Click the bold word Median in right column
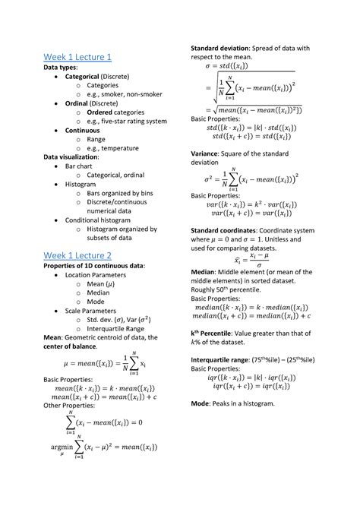coord(206,270)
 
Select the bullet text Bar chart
coord(81,165)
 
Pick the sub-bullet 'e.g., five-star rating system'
coord(127,121)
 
